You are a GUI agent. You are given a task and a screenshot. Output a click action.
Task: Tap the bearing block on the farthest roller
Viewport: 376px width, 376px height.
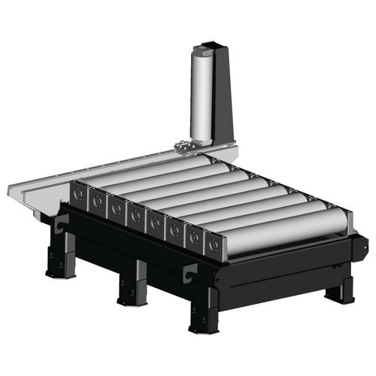pos(78,195)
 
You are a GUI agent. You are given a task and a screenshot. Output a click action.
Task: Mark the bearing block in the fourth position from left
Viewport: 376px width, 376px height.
pos(136,217)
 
